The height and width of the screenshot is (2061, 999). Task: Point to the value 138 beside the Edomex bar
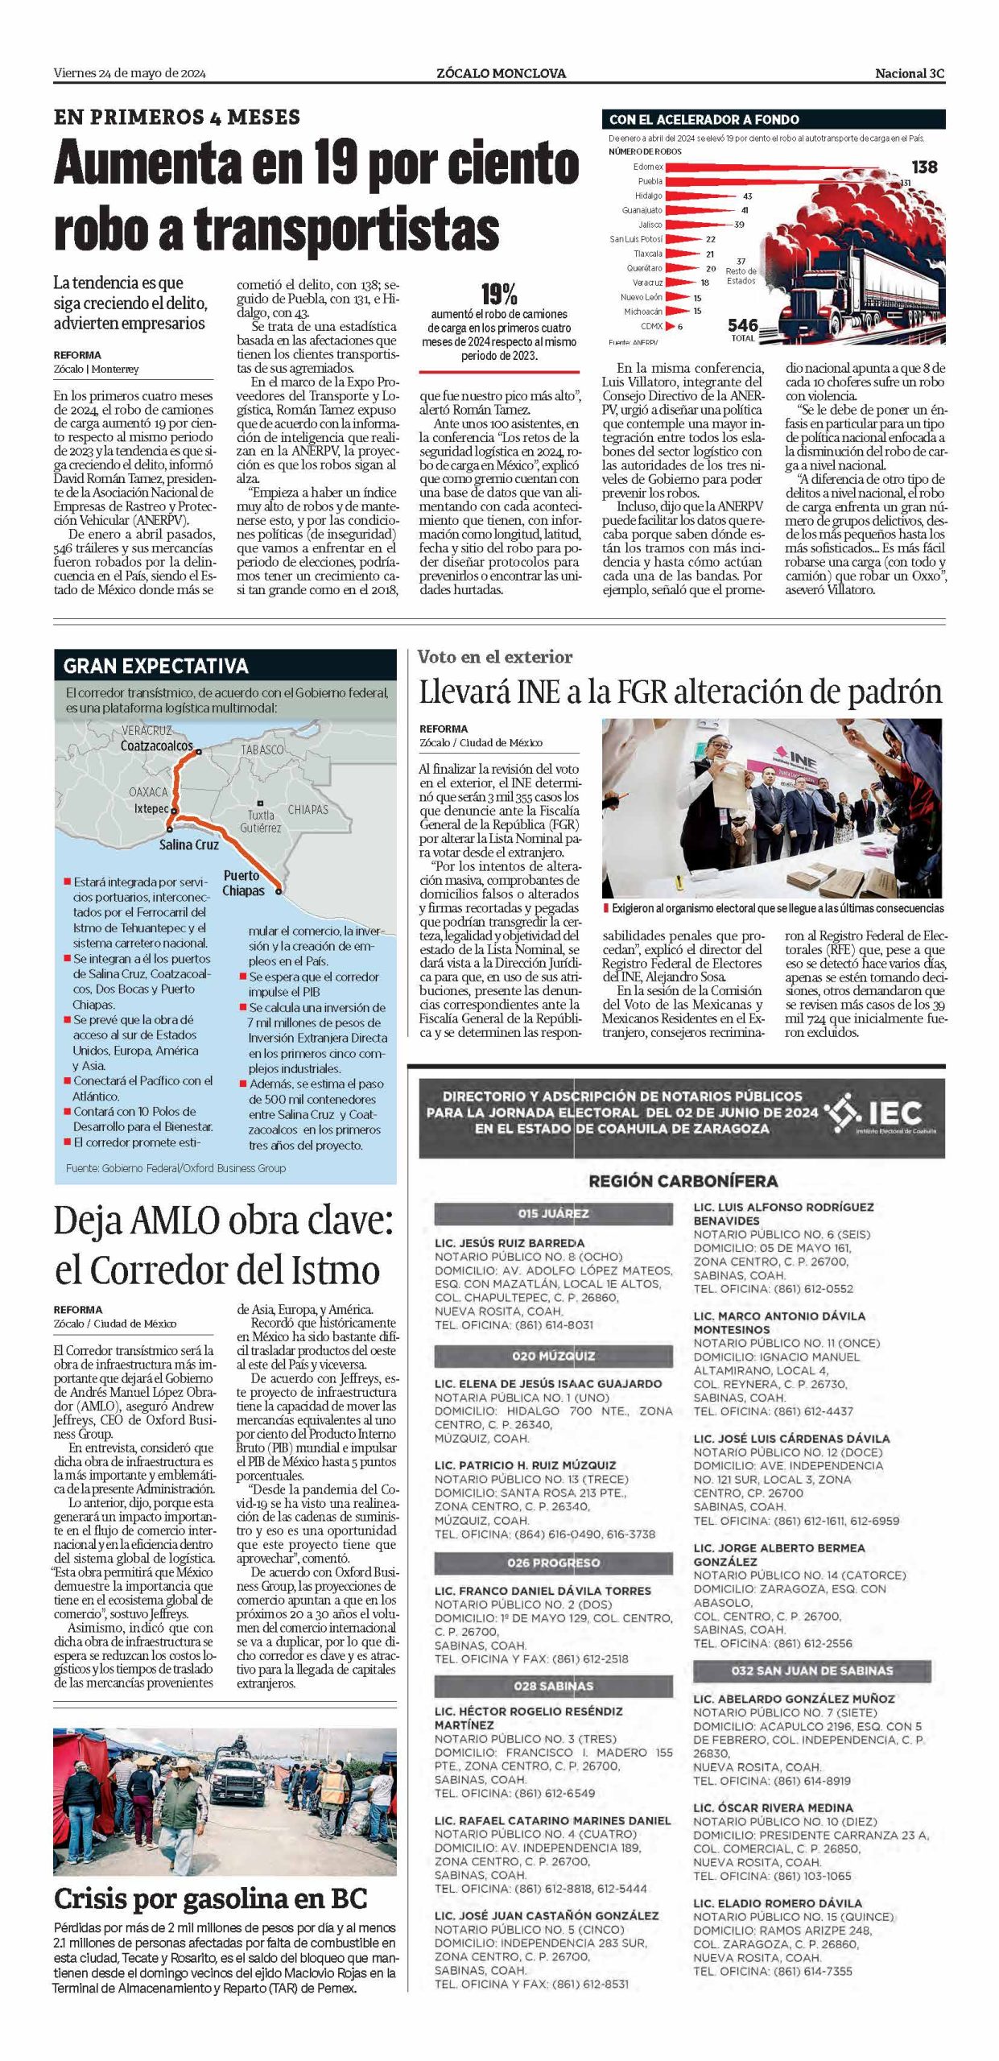click(x=924, y=167)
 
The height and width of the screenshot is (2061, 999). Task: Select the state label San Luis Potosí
click(x=636, y=239)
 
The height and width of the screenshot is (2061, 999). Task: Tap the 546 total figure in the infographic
click(x=743, y=325)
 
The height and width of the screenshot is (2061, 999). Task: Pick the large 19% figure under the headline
click(x=498, y=294)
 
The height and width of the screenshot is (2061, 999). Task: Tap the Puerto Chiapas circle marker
click(x=279, y=891)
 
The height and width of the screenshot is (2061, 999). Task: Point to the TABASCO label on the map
click(x=262, y=750)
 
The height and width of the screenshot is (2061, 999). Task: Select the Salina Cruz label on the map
click(x=188, y=845)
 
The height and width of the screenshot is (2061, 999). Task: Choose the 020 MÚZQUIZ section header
click(x=553, y=1356)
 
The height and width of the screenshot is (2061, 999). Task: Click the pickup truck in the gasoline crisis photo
click(x=239, y=1789)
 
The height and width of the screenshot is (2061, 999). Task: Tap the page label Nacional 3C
click(x=910, y=73)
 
